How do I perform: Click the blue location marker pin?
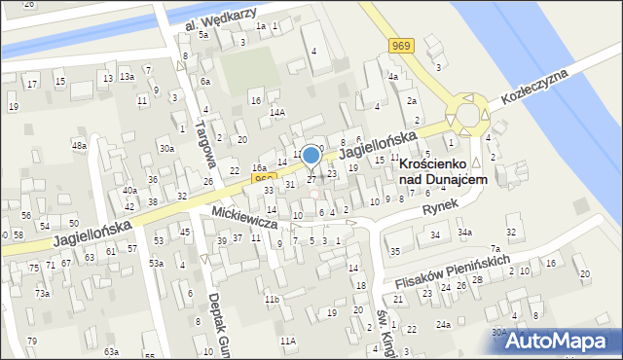pyautogui.click(x=311, y=155)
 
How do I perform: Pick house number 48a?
pyautogui.click(x=79, y=145)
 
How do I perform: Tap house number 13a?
pyautogui.click(x=127, y=77)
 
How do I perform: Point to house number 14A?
pyautogui.click(x=277, y=113)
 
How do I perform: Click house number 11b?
pyautogui.click(x=274, y=299)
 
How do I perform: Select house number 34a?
pyautogui.click(x=465, y=233)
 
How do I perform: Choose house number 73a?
pyautogui.click(x=42, y=293)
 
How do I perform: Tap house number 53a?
pyautogui.click(x=156, y=264)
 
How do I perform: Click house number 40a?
pyautogui.click(x=129, y=191)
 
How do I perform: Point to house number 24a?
pyautogui.click(x=443, y=324)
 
